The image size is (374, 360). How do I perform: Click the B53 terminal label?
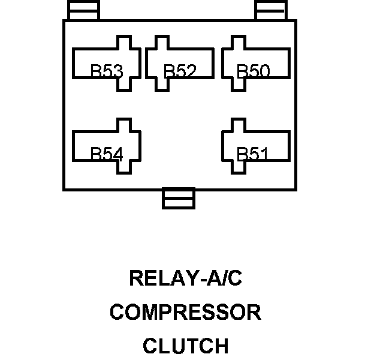pyautogui.click(x=107, y=72)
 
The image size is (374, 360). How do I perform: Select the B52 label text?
pyautogui.click(x=180, y=72)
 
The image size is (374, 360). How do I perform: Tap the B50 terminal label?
pyautogui.click(x=254, y=72)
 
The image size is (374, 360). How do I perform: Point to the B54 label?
pyautogui.click(x=107, y=154)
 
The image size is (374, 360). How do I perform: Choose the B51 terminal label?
pyautogui.click(x=252, y=154)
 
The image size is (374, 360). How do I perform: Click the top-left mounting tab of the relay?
pyautogui.click(x=83, y=11)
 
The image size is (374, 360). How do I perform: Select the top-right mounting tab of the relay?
pyautogui.click(x=271, y=11)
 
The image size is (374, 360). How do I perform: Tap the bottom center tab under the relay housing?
pyautogui.click(x=179, y=199)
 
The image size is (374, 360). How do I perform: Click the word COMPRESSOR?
pyautogui.click(x=185, y=313)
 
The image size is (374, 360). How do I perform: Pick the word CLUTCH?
pyautogui.click(x=185, y=346)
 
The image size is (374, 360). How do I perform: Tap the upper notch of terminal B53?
pyautogui.click(x=123, y=43)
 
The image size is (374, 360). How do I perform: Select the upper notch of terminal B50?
pyautogui.click(x=237, y=43)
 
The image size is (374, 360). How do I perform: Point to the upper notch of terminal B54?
pyautogui.click(x=123, y=125)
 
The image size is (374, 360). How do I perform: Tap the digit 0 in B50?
pyautogui.click(x=264, y=72)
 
